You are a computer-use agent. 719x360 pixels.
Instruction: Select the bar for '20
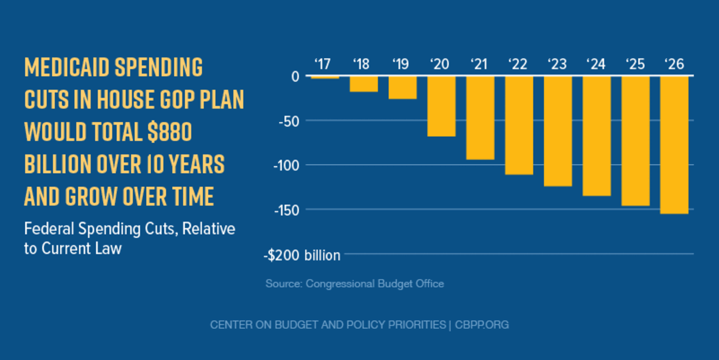pyautogui.click(x=441, y=106)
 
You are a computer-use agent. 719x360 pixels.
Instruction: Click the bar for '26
pyautogui.click(x=674, y=144)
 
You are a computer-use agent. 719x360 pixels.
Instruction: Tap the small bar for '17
pyautogui.click(x=325, y=77)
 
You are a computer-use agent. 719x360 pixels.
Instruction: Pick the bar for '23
pyautogui.click(x=558, y=131)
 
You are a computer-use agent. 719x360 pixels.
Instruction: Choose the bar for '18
pyautogui.click(x=364, y=84)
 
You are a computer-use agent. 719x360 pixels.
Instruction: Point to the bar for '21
pyautogui.click(x=480, y=117)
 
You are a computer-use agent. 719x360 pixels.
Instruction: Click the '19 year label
pyautogui.click(x=403, y=63)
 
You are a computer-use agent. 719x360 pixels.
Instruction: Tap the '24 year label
pyautogui.click(x=596, y=63)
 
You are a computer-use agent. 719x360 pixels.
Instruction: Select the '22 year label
pyautogui.click(x=519, y=63)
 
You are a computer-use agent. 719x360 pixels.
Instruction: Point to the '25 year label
pyautogui.click(x=635, y=63)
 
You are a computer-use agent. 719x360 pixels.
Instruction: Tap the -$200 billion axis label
pyautogui.click(x=302, y=255)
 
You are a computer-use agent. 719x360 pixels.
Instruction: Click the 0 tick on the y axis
pyautogui.click(x=295, y=76)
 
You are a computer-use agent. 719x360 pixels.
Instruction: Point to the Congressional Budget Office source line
pyautogui.click(x=355, y=283)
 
